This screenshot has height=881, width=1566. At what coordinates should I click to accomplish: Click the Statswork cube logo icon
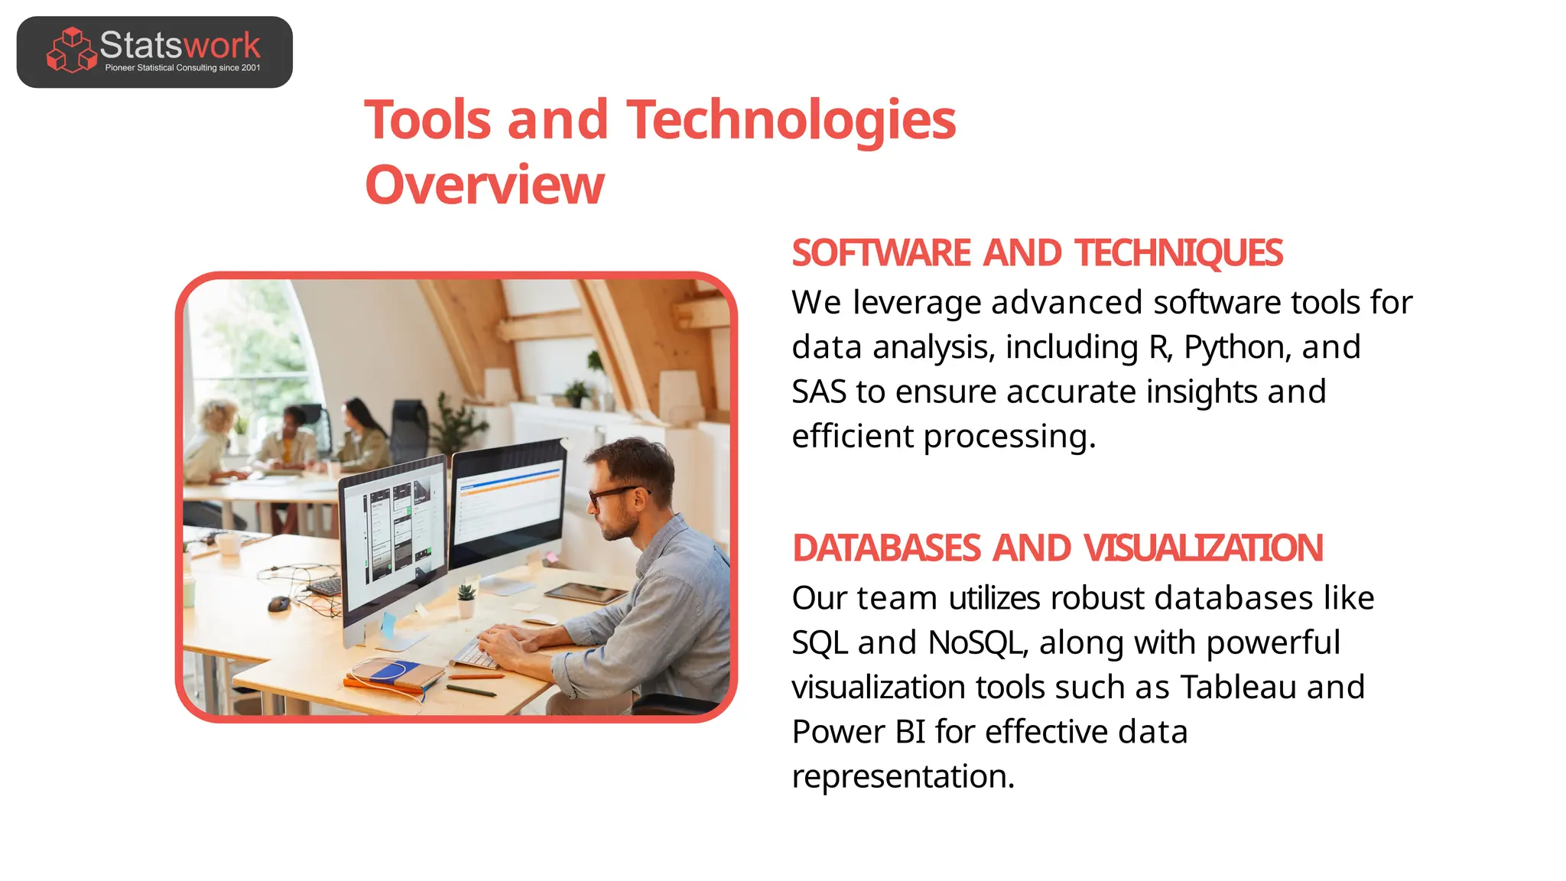(71, 50)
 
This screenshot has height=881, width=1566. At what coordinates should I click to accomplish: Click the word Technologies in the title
(791, 120)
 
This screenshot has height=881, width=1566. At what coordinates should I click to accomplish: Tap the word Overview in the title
(485, 185)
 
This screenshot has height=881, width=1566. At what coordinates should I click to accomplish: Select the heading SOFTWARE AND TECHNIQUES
(1037, 253)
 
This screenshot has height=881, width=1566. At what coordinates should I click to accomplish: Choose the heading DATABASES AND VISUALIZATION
(1057, 548)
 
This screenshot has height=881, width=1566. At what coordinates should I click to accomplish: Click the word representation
(902, 776)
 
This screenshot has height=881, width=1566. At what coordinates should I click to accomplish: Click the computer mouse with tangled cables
(278, 603)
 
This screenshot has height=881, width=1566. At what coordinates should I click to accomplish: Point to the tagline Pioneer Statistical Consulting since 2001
(183, 68)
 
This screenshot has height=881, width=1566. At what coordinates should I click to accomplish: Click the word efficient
(852, 437)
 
